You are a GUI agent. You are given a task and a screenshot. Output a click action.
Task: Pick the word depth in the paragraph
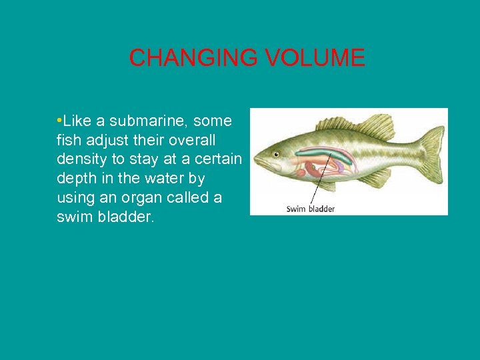pyautogui.click(x=75, y=179)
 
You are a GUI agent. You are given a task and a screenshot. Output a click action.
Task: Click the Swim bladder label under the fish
pyautogui.click(x=310, y=209)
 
